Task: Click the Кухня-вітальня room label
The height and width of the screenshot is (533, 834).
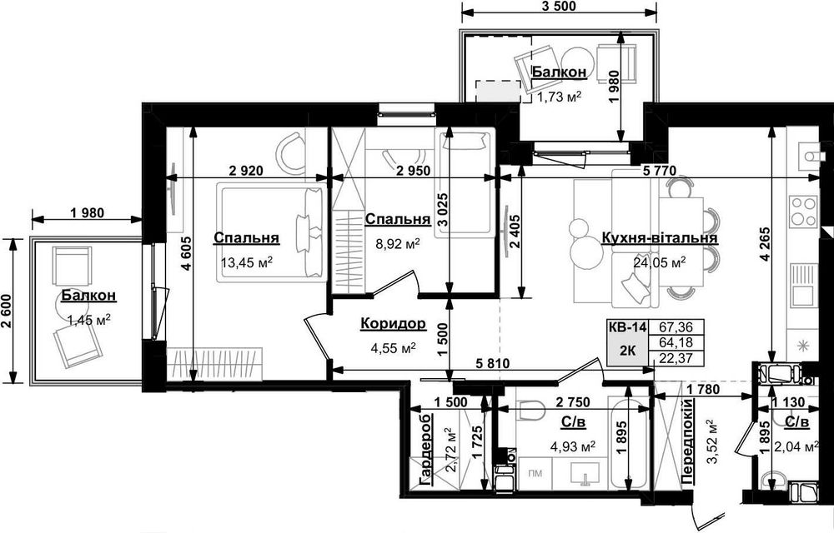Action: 659,238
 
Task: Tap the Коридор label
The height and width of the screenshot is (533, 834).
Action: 393,323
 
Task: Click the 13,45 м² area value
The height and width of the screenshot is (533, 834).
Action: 246,262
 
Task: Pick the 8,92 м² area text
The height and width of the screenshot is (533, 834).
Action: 399,244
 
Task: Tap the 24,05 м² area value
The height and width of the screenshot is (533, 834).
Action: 659,262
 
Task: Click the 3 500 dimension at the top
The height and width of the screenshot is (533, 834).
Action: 559,7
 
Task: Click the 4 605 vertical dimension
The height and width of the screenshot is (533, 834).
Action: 185,254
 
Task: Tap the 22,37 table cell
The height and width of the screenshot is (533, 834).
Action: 676,359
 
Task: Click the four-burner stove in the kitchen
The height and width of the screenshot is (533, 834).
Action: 802,211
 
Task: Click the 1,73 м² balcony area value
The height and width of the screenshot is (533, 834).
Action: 558,97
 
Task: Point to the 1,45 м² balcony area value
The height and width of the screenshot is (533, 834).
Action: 89,319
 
